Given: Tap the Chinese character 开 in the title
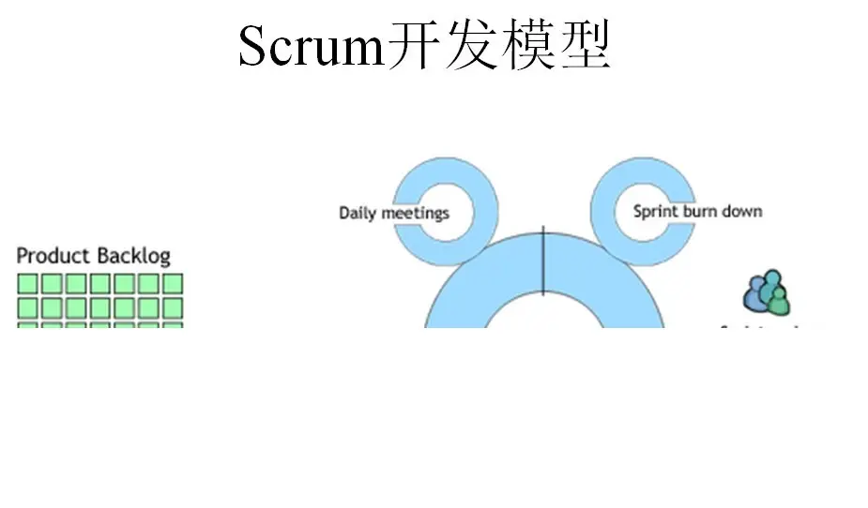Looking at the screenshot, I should (414, 46).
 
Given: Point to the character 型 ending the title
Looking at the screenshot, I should (585, 46).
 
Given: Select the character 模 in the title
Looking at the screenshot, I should (528, 46).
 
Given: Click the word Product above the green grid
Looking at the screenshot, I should (53, 255).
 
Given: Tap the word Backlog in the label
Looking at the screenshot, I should (133, 255).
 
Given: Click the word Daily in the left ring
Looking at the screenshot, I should (358, 213).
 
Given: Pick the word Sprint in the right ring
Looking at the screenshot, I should (653, 211).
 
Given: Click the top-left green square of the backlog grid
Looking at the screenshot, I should (28, 284).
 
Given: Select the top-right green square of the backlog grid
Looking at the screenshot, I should (173, 284).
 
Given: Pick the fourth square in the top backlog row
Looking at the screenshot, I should (100, 284).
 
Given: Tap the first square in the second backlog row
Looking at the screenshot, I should (28, 307).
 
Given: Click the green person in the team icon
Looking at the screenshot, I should (778, 300).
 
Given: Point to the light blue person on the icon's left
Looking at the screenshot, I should (754, 296).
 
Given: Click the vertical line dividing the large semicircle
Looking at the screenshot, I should (543, 262).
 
